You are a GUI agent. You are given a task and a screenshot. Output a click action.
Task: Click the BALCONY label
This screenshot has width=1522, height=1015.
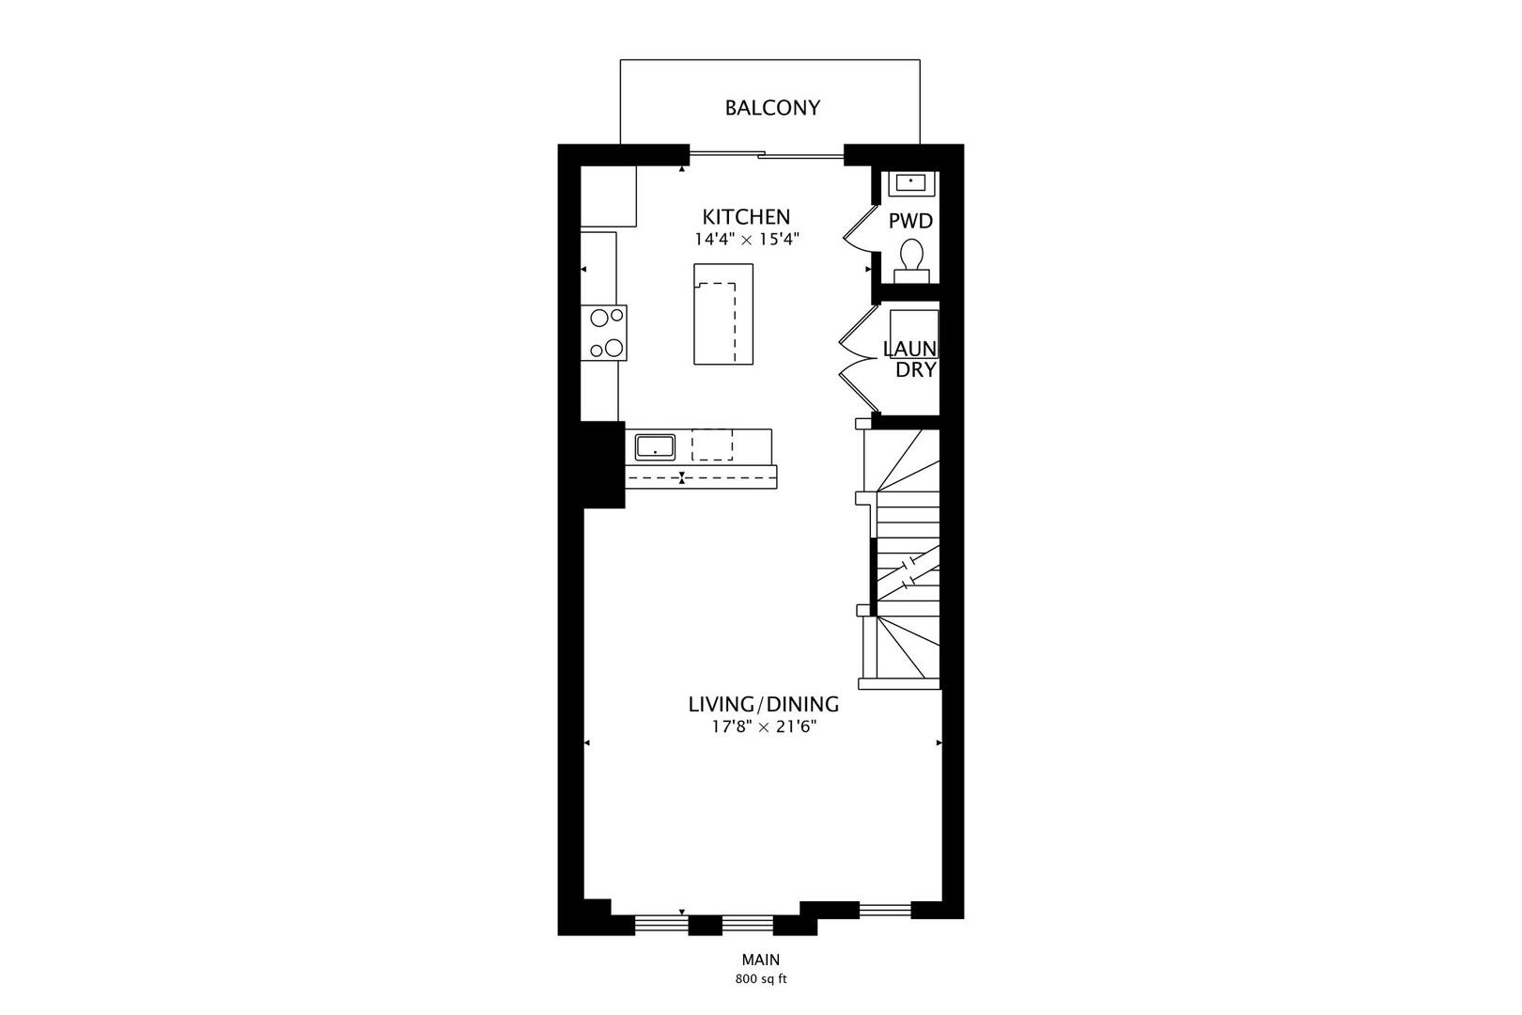(x=771, y=108)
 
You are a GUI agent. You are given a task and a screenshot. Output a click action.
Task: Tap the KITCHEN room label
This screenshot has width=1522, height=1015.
(x=747, y=217)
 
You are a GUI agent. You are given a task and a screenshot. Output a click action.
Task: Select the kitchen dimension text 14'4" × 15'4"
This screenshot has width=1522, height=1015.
(x=747, y=240)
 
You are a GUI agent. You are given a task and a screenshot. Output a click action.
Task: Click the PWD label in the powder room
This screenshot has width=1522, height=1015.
(x=910, y=222)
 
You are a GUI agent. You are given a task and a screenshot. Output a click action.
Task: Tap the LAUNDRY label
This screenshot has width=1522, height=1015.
(x=910, y=359)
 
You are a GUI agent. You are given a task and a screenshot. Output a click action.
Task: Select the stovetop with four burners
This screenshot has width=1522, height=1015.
(x=606, y=333)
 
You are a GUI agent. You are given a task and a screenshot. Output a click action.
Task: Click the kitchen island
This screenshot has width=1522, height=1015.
(x=723, y=314)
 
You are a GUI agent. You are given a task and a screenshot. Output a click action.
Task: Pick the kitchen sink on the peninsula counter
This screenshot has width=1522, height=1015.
(x=655, y=445)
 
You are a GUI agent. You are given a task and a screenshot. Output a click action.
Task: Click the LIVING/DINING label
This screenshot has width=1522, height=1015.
(x=763, y=704)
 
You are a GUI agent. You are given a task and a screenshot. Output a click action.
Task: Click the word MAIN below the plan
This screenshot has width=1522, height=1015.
(x=761, y=960)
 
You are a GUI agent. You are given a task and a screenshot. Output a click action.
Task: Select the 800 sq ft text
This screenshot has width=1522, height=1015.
(x=761, y=979)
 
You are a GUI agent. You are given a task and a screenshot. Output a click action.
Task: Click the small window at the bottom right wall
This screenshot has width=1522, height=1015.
(x=885, y=909)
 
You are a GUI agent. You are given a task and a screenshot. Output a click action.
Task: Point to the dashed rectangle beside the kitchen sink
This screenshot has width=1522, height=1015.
(x=712, y=444)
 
